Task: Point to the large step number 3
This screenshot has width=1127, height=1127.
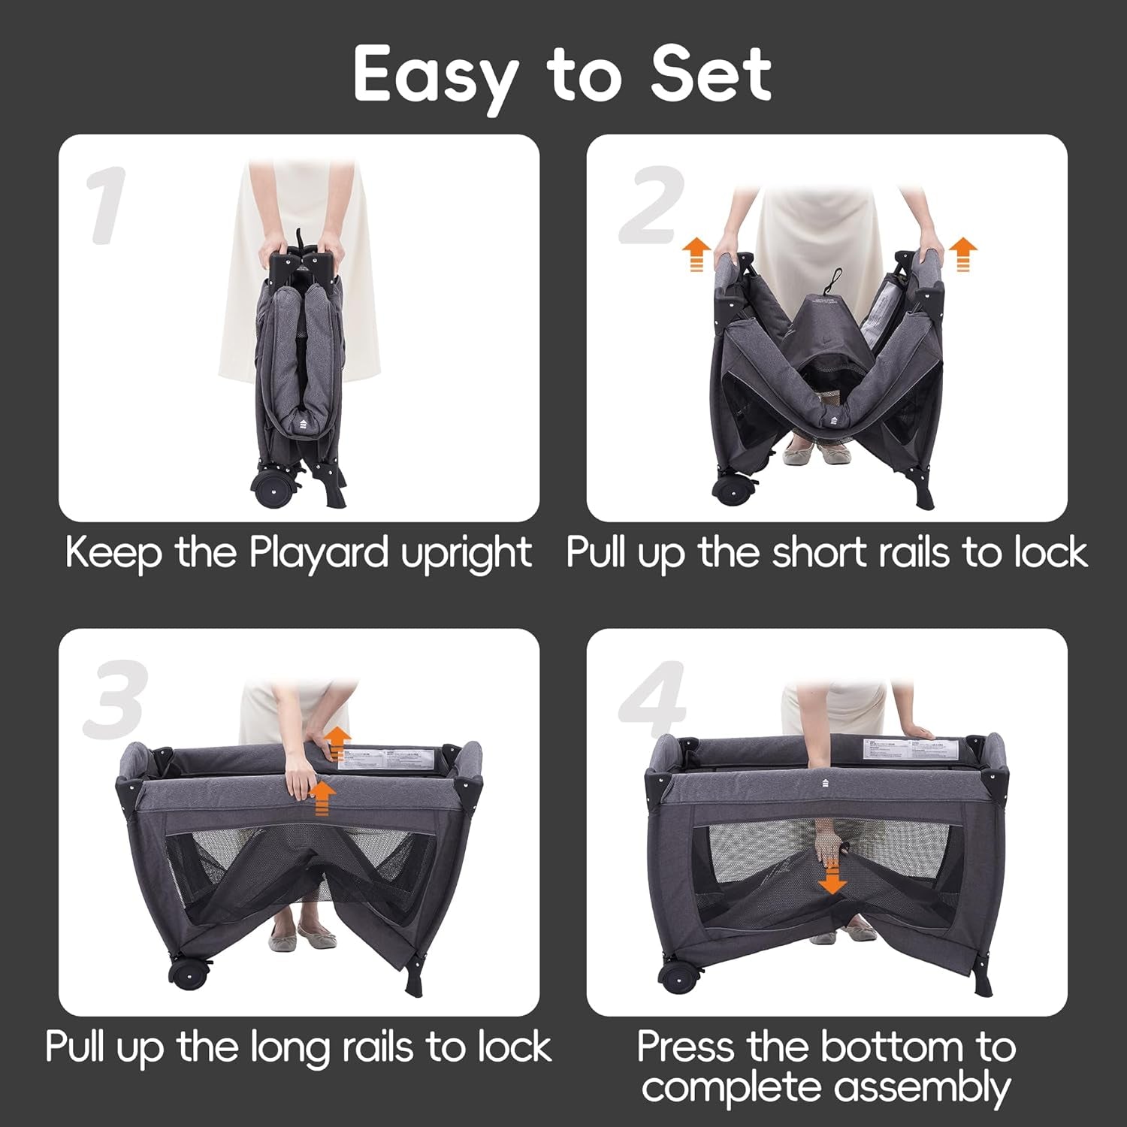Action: (115, 700)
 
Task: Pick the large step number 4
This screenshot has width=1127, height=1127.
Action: (652, 700)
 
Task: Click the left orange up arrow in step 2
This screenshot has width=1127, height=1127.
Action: (696, 254)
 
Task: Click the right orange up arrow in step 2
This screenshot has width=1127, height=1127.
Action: (962, 254)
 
